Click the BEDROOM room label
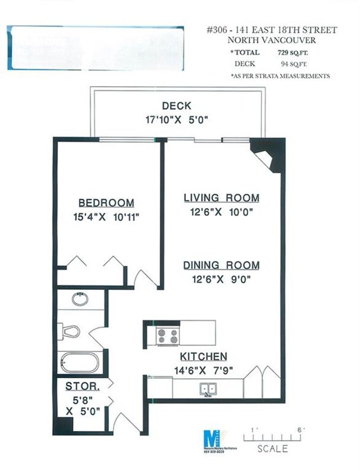[x=106, y=203]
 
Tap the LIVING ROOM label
[x=222, y=198]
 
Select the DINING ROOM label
[x=222, y=265]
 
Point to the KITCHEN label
[x=204, y=357]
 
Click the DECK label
[x=176, y=106]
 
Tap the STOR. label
[x=83, y=387]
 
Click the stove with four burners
[x=167, y=336]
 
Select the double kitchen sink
[x=208, y=388]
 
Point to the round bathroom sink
[x=80, y=299]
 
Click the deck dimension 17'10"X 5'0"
[x=176, y=119]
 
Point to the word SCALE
[x=272, y=449]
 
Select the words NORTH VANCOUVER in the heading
[x=272, y=40]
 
